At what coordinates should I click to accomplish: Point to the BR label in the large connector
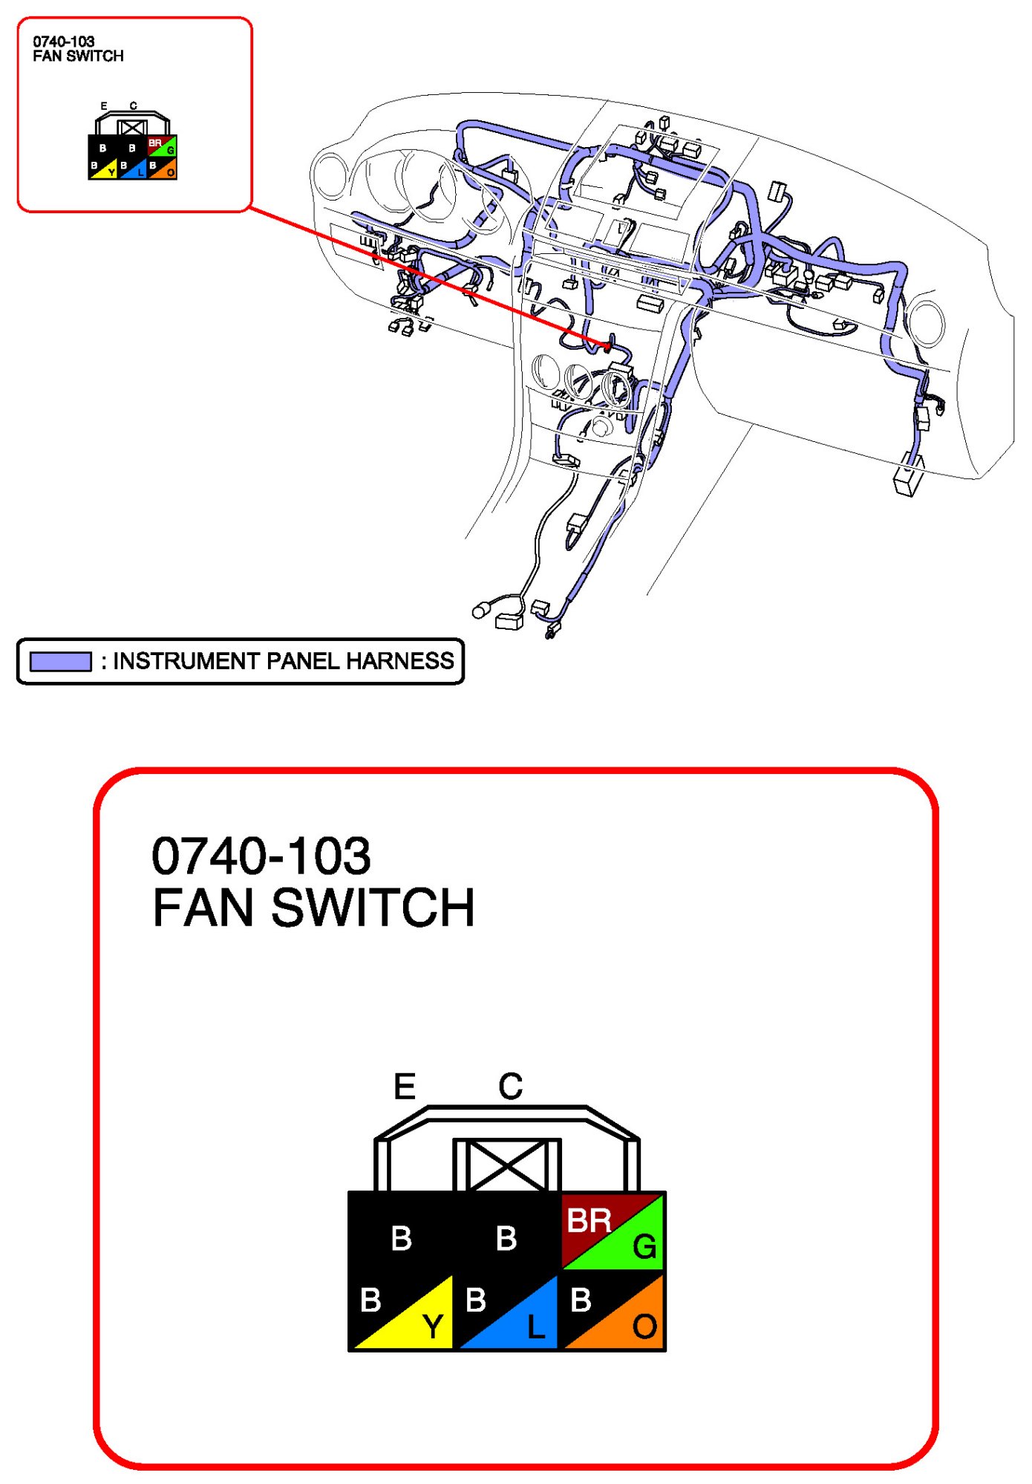click(589, 1220)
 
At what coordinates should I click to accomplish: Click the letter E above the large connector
click(405, 1087)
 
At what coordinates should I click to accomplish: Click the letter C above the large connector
click(511, 1086)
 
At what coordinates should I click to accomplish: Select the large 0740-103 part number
click(261, 856)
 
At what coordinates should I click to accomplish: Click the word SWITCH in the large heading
click(373, 908)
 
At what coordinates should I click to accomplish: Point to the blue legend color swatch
click(61, 661)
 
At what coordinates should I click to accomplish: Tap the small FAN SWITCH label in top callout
click(78, 56)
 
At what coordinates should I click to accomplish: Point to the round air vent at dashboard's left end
click(330, 175)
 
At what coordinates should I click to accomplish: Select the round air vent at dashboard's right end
click(927, 324)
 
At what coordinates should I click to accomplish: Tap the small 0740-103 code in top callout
click(64, 42)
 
